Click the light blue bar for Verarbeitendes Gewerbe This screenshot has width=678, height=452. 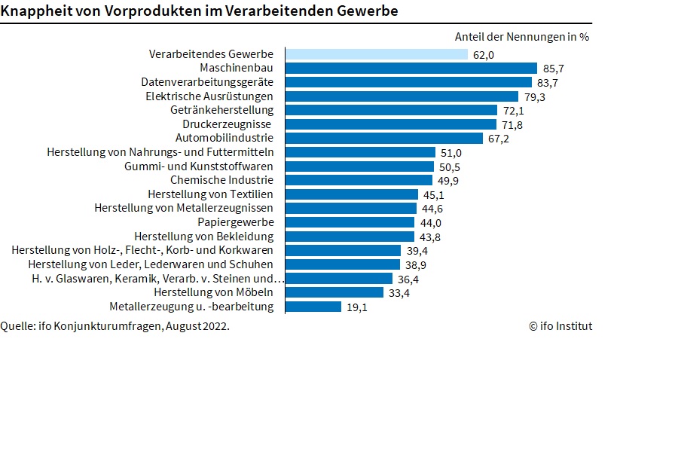[x=377, y=54]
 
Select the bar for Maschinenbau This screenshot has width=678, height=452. [x=411, y=68]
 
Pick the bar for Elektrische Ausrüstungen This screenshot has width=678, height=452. [x=402, y=96]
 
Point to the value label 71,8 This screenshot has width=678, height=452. [x=513, y=124]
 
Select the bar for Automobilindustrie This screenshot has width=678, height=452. [x=384, y=138]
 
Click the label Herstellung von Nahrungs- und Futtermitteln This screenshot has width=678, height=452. [x=160, y=152]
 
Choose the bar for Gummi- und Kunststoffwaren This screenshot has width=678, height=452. [x=360, y=166]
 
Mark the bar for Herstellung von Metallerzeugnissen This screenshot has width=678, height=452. [x=351, y=208]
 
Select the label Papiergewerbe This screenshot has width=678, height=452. [x=236, y=222]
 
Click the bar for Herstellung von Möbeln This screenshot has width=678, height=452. [x=334, y=292]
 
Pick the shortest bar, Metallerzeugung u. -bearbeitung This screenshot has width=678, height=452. [x=313, y=307]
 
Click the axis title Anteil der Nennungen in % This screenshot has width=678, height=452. [x=522, y=36]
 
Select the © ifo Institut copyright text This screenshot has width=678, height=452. [x=560, y=326]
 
